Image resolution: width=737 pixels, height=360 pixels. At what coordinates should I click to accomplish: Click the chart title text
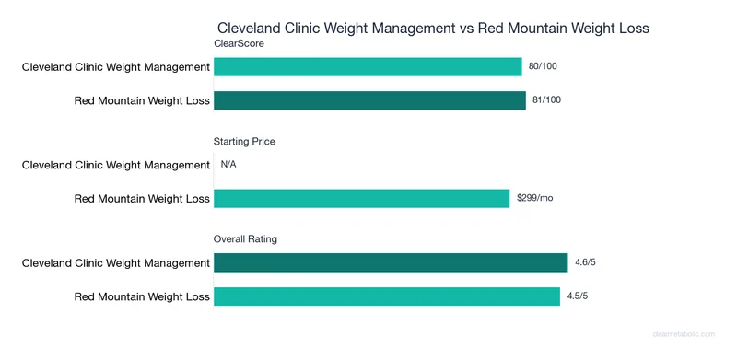[433, 29]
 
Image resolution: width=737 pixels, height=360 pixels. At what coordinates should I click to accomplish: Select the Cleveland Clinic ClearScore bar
[368, 66]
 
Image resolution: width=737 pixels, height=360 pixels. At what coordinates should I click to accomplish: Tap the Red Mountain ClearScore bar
[369, 99]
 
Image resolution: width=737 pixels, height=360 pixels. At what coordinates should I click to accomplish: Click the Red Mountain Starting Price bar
[361, 198]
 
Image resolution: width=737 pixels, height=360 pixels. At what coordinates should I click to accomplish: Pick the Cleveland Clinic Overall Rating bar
[391, 263]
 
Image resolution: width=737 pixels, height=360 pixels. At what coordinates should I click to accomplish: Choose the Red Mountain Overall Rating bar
[387, 296]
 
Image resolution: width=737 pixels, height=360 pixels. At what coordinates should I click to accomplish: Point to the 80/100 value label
[544, 66]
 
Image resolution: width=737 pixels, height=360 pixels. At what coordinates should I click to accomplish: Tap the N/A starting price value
[228, 165]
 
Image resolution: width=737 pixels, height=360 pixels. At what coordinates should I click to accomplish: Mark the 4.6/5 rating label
[586, 263]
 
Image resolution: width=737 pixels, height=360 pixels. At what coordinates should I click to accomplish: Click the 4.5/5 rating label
[579, 296]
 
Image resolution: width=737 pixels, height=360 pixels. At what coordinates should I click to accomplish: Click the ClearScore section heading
[239, 43]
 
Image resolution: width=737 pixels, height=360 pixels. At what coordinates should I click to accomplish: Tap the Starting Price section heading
[244, 142]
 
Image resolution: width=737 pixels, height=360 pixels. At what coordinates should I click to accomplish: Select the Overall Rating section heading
[246, 239]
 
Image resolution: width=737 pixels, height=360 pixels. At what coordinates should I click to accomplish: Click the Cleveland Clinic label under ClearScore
[116, 66]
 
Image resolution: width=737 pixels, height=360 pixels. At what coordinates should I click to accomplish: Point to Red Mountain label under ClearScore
[142, 99]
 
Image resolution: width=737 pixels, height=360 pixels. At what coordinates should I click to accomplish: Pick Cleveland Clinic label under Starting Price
[116, 165]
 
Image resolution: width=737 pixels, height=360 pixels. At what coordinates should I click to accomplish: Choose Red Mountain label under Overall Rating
[142, 296]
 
